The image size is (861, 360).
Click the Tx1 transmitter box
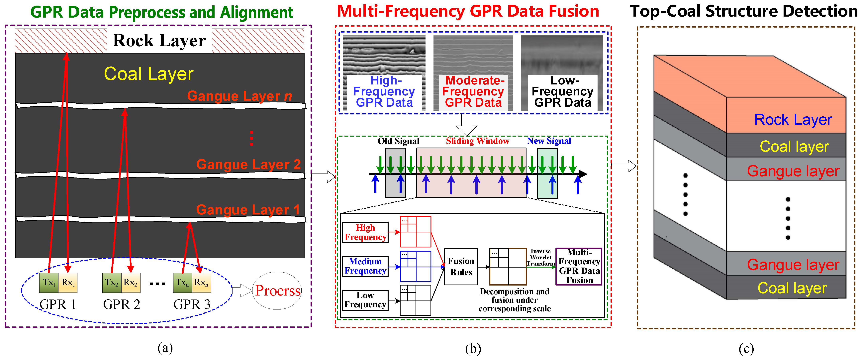pos(49,283)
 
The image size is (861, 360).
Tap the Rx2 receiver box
pos(130,283)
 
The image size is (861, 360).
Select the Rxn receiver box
pos(202,283)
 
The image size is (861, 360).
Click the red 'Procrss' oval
pos(277,291)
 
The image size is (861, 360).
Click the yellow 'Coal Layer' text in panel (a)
pos(148,73)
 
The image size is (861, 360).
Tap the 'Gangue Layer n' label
pos(239,96)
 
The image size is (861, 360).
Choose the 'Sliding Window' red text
pos(477,141)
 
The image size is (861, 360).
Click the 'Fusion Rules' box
pos(461,266)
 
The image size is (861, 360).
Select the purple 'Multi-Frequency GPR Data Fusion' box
pos(579,266)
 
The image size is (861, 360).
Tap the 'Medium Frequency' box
pos(365,266)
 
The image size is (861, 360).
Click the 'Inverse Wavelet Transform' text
pos(540,257)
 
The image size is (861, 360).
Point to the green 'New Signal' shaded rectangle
pos(547,173)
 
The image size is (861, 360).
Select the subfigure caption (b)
pos(473,349)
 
